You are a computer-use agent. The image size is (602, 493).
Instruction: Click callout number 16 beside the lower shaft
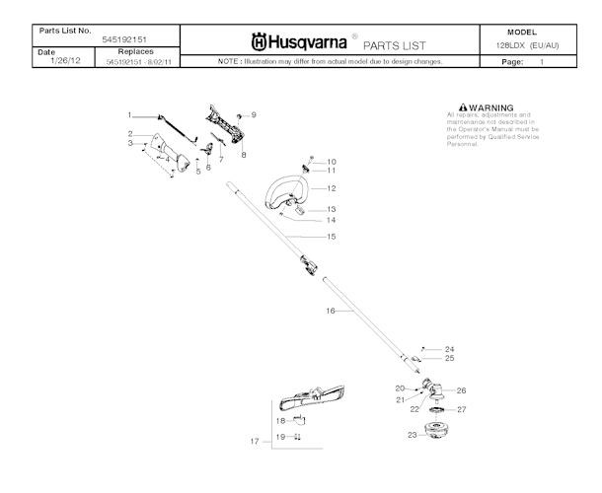click(332, 311)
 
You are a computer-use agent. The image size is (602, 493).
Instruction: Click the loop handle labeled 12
click(286, 192)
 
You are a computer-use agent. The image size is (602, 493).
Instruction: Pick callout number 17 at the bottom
click(254, 442)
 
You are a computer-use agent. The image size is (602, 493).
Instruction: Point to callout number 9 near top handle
click(254, 114)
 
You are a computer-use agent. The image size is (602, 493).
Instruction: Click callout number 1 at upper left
click(129, 116)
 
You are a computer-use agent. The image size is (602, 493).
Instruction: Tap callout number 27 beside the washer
click(461, 409)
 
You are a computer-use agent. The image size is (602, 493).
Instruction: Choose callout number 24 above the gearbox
click(449, 349)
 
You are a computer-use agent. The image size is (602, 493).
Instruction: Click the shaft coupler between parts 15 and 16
click(308, 264)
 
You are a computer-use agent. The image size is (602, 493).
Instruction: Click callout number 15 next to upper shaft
click(332, 237)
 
